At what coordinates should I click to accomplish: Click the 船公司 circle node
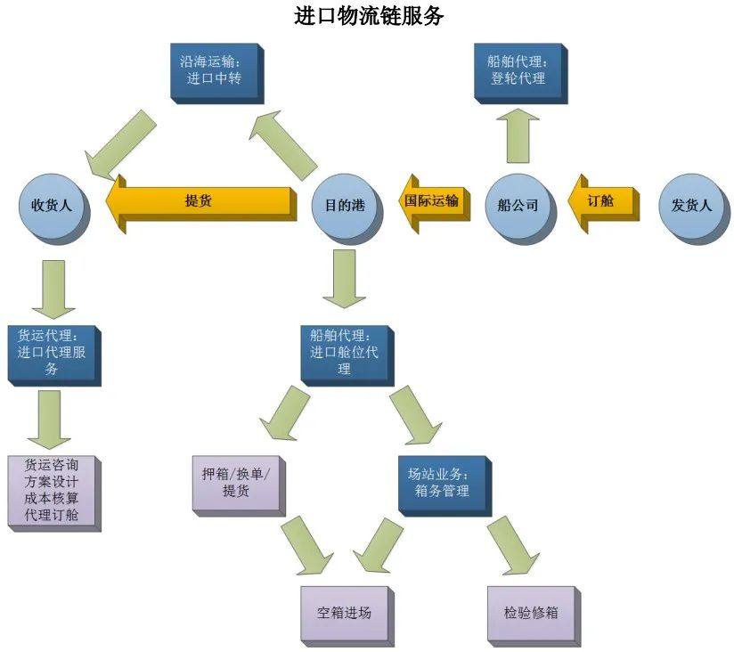[x=518, y=205]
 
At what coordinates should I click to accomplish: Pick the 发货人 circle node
[x=691, y=205]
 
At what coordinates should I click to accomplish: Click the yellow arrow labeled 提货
[x=201, y=201]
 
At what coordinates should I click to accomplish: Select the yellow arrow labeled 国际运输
[x=432, y=202]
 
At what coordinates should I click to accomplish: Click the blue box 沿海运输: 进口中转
[x=212, y=69]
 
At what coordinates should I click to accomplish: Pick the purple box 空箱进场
[x=344, y=613]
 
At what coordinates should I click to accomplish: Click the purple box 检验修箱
[x=531, y=613]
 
